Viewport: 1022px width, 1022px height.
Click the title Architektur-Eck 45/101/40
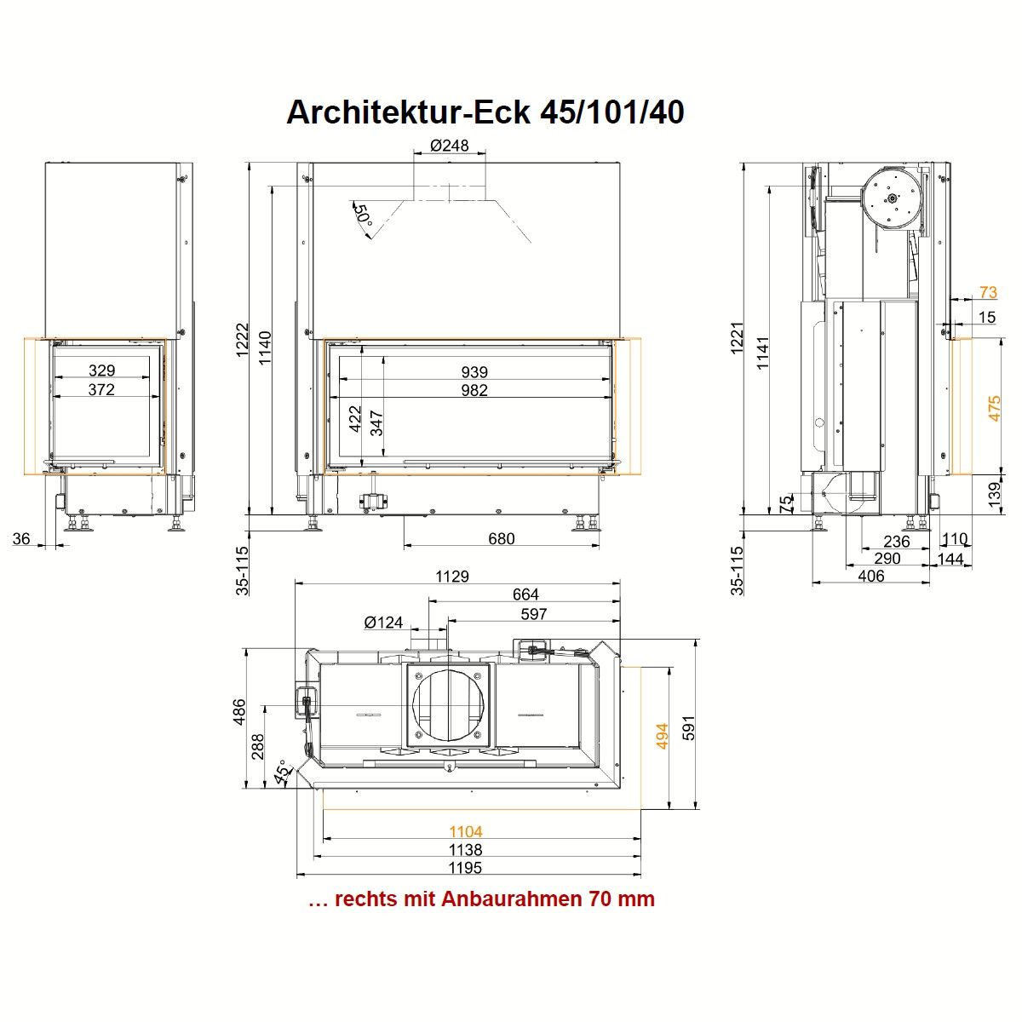coord(485,112)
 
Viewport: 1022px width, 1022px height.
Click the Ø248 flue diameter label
coord(449,146)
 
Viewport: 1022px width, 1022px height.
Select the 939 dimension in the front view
coord(474,372)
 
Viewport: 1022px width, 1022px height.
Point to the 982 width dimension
coord(474,390)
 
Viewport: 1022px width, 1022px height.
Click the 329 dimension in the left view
coord(102,370)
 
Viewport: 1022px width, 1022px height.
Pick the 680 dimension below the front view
coord(501,539)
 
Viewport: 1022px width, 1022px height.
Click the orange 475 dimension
coord(995,409)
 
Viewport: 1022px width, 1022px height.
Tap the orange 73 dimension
coord(988,292)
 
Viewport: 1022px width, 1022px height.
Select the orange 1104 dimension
coord(466,831)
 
